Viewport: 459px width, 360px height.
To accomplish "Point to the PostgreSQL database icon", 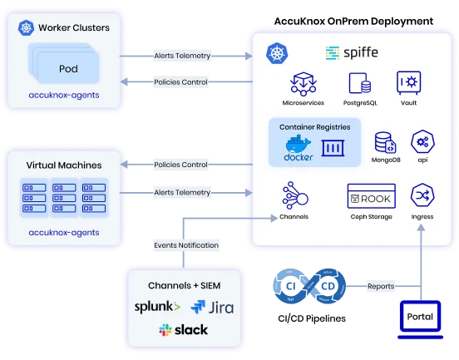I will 358,83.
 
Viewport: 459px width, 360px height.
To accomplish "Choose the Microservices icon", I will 301,83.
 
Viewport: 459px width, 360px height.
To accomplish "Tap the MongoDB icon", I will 384,141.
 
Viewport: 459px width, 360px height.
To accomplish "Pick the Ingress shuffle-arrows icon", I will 422,197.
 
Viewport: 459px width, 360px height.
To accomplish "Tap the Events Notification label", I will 186,245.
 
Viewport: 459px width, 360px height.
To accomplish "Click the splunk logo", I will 156,306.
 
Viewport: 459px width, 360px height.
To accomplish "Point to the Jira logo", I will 212,307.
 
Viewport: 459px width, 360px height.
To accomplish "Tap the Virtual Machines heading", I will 64,165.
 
